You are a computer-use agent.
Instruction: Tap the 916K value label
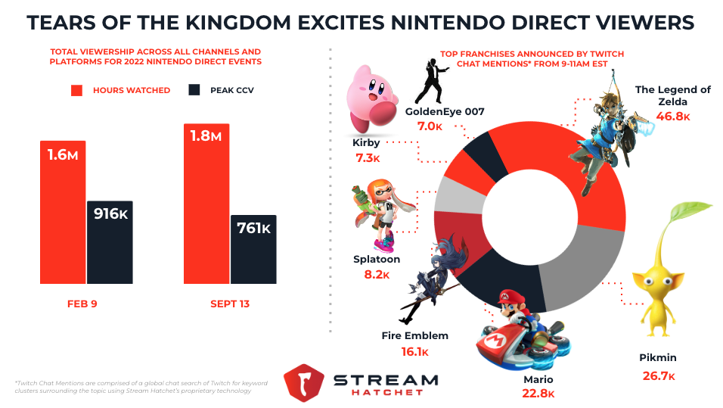point(110,213)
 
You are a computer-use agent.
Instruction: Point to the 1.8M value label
point(206,136)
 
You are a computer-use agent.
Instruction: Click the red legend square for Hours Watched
point(76,90)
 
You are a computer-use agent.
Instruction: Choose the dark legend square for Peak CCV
point(194,90)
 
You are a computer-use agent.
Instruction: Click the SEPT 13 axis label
point(229,304)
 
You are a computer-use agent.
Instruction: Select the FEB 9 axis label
point(82,304)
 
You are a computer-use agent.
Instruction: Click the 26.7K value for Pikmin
point(658,376)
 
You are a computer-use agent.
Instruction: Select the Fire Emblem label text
point(415,335)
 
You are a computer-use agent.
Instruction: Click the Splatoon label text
point(376,259)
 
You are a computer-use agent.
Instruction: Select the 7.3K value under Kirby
point(367,158)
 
